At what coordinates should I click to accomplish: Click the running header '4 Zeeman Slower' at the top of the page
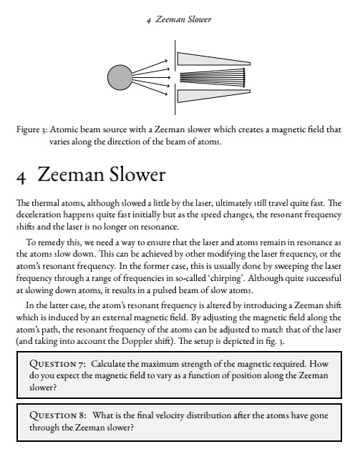point(180,19)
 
